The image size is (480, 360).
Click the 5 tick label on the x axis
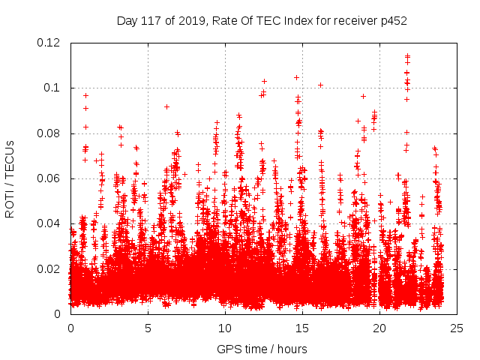point(148,328)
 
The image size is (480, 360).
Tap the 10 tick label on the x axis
point(225,328)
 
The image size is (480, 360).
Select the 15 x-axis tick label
point(302,328)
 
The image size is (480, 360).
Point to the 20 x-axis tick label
point(379,328)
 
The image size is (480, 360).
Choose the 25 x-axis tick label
point(457,328)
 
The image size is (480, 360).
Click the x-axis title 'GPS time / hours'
point(263,349)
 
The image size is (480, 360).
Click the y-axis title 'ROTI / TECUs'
point(10,178)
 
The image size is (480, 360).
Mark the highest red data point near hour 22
point(407,55)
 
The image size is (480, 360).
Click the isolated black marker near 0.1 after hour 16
point(320,85)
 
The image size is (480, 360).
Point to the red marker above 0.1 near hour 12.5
point(264,81)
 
